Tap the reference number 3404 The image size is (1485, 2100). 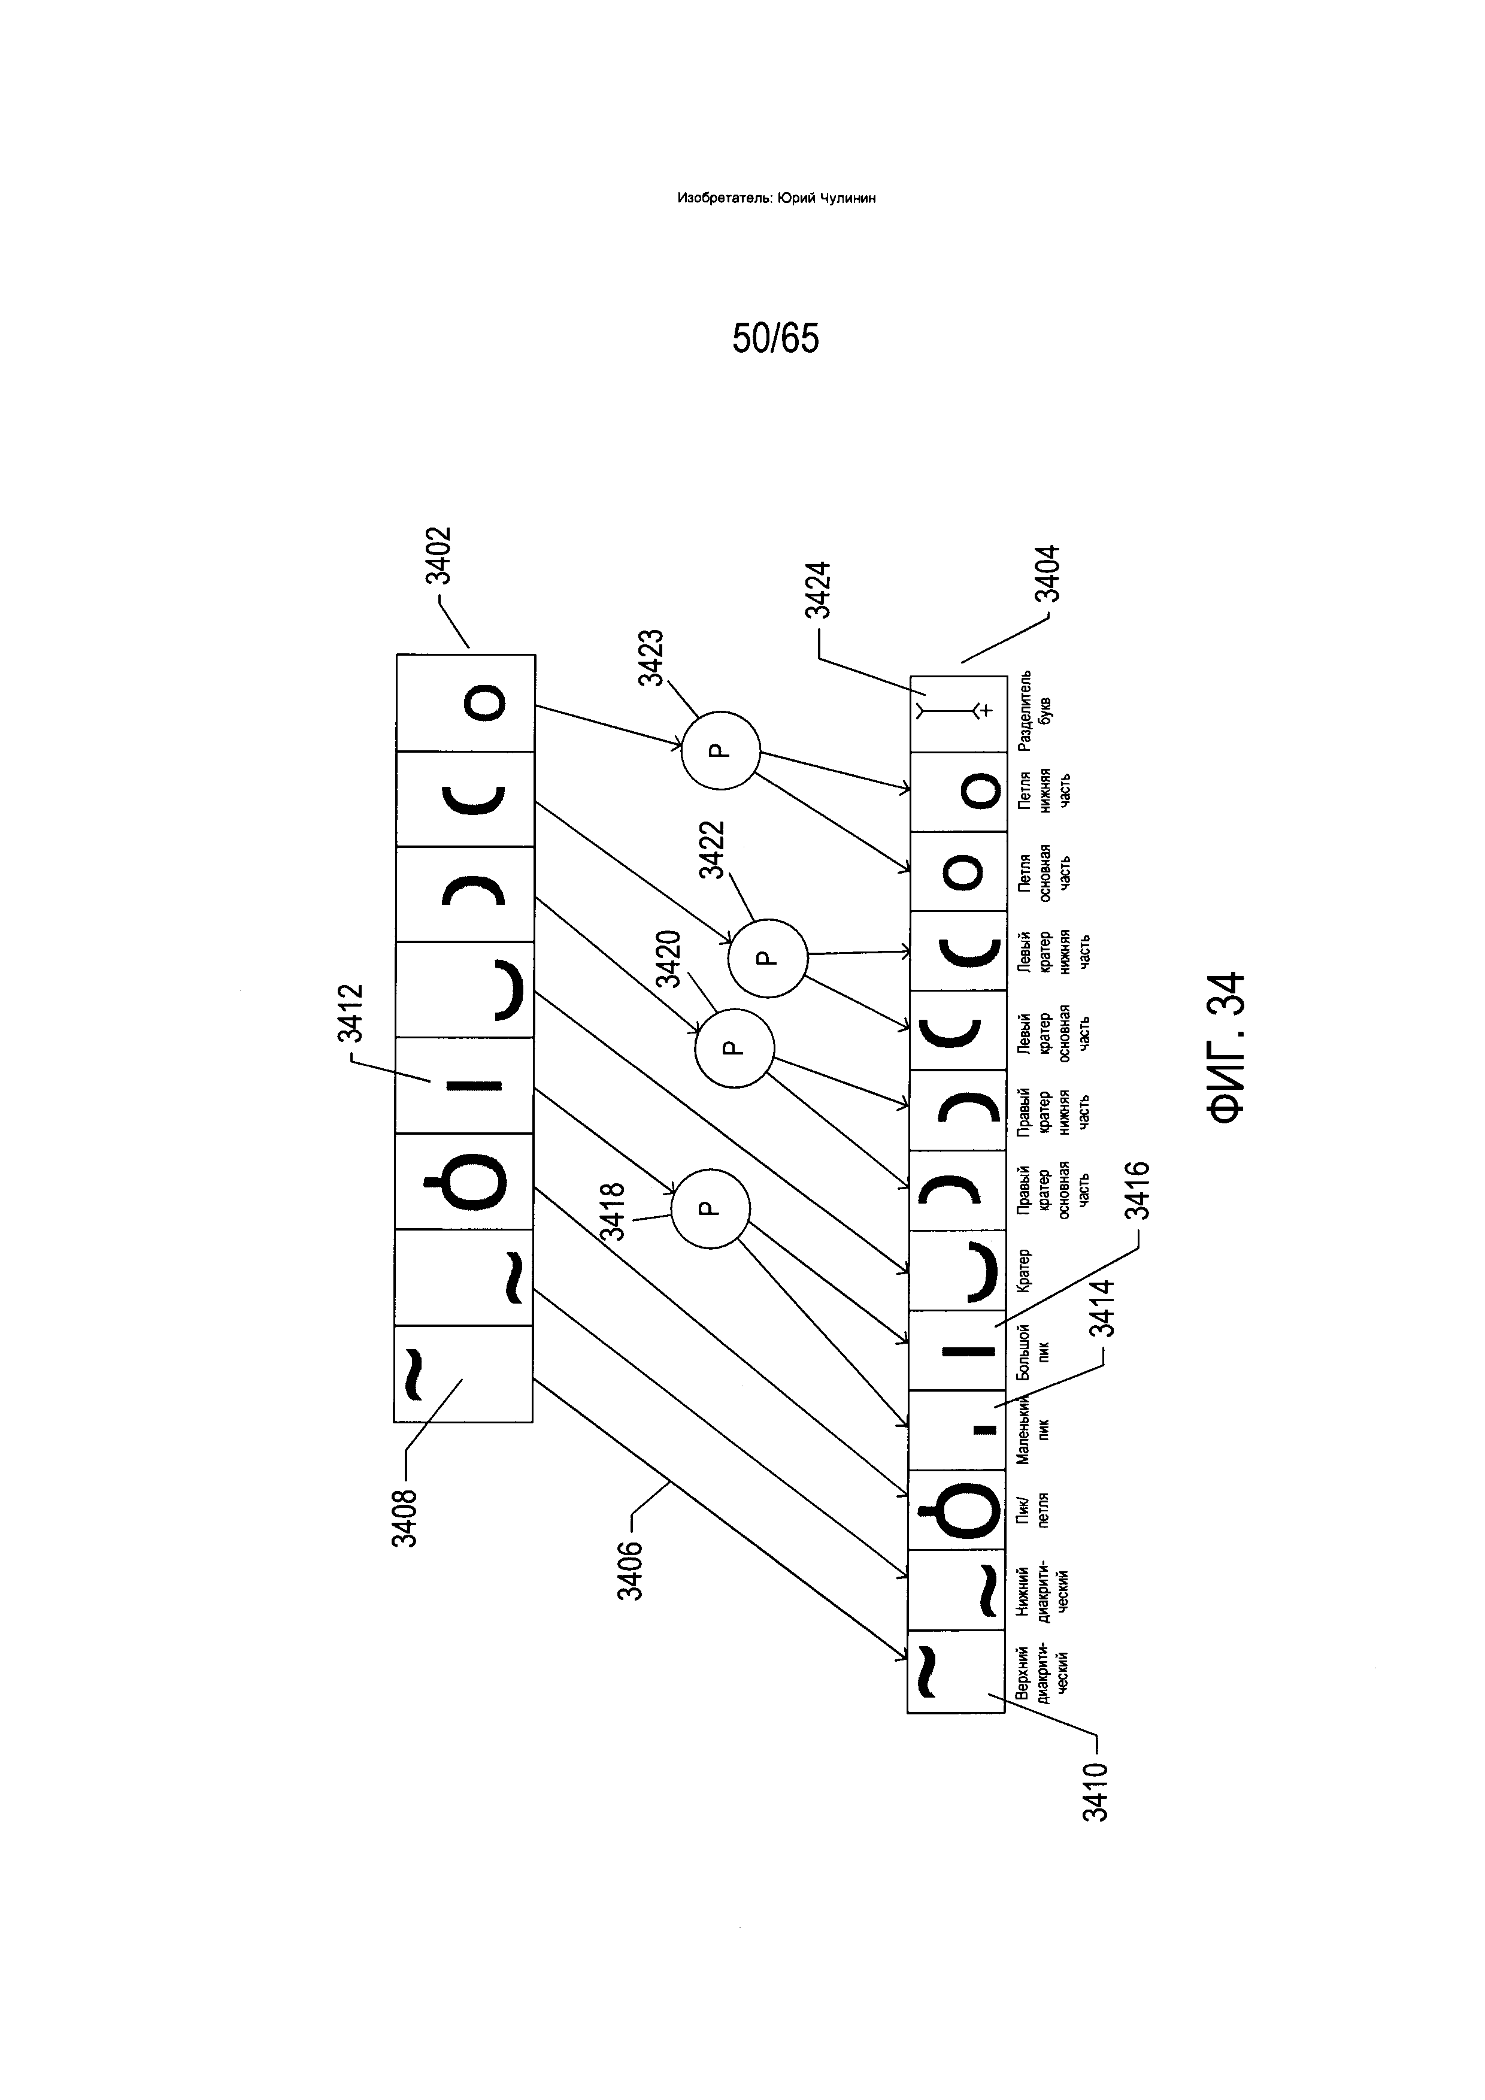1048,574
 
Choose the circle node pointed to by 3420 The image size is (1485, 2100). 734,1048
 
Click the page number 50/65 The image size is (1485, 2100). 775,338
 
